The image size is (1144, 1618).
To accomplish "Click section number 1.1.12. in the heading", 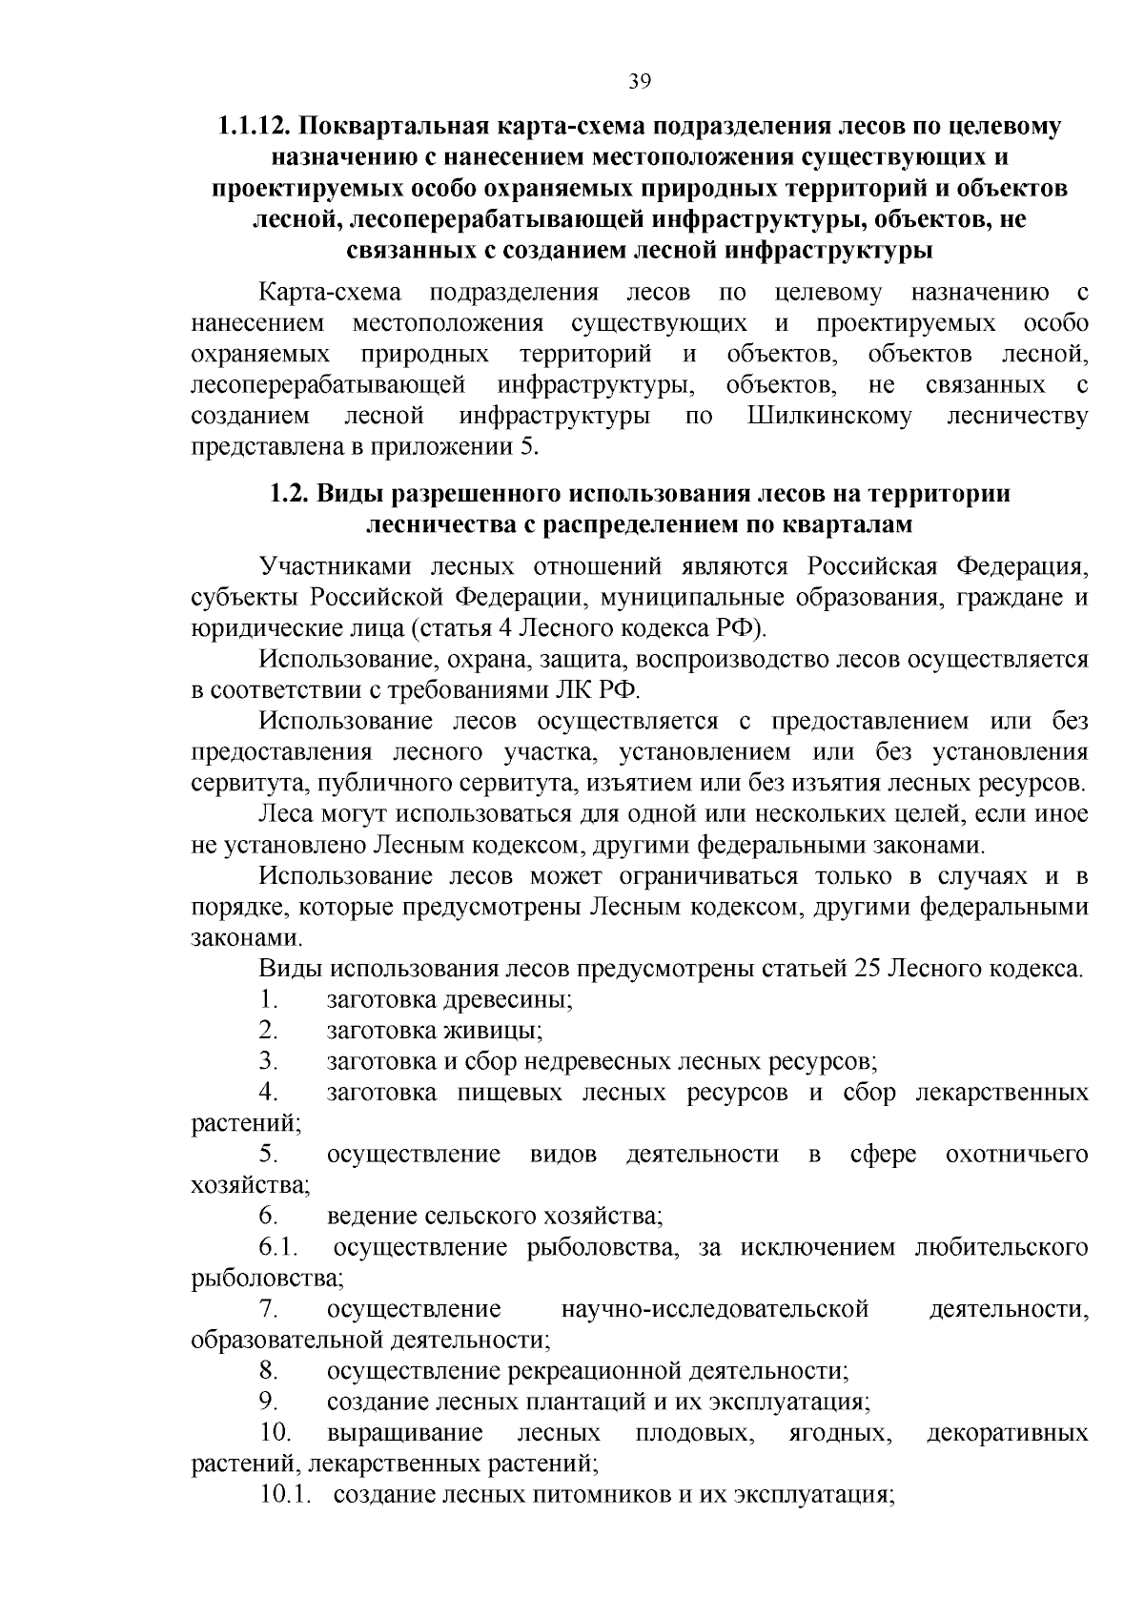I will tap(255, 127).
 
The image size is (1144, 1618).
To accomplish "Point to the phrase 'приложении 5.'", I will tap(469, 447).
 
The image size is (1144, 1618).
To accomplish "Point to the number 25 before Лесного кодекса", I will tap(867, 970).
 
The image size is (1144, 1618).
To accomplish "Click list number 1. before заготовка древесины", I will tap(268, 1000).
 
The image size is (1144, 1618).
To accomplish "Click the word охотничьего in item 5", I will tap(1016, 1155).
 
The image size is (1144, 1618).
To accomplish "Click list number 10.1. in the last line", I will tap(285, 1495).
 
